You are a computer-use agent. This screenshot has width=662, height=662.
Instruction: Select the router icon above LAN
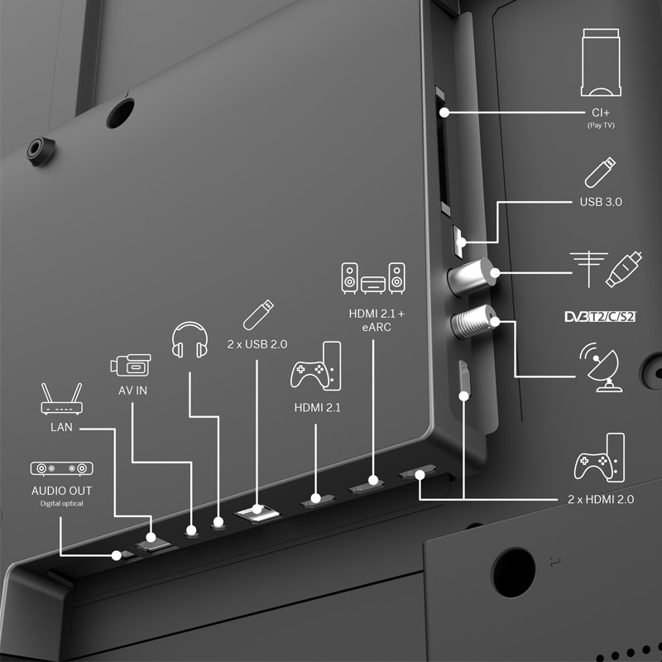(61, 400)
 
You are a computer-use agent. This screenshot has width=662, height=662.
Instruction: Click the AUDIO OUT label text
(61, 491)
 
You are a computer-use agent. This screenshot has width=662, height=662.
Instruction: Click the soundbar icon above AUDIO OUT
(61, 469)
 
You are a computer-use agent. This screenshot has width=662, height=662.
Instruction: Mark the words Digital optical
(61, 503)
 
